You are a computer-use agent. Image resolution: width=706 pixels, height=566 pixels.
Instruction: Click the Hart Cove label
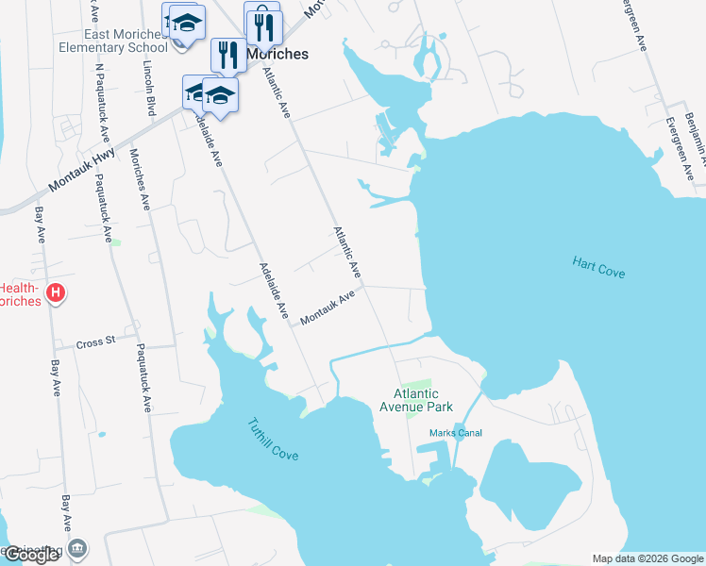(598, 266)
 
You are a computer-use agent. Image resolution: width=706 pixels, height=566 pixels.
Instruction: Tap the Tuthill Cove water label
(273, 440)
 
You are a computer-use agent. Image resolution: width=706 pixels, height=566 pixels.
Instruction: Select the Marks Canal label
(456, 433)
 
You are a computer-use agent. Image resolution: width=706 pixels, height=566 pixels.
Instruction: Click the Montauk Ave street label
(327, 308)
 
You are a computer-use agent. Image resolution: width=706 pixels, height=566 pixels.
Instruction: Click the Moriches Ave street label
(140, 179)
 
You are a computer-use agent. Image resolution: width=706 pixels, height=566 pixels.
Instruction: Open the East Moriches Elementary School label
(112, 39)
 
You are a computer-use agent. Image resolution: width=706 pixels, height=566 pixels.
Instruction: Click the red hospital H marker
(56, 293)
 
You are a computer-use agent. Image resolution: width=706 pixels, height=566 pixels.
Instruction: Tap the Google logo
(31, 555)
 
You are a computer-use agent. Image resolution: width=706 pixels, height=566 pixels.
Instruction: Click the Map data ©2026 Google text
(647, 558)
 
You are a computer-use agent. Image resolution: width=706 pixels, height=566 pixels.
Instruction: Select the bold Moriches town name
(277, 55)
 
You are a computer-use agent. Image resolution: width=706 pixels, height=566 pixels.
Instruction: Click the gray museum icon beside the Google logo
(79, 548)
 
